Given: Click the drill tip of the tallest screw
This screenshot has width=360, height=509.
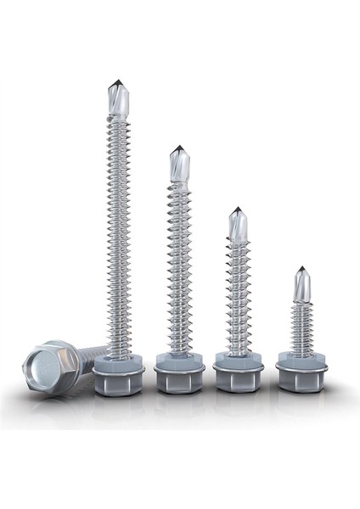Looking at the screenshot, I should coord(117,98).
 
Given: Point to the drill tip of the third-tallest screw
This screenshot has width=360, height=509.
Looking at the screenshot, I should coord(238,224).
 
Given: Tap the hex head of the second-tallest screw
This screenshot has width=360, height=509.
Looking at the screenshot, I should coord(179,380).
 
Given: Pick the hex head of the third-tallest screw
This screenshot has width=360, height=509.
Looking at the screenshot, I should coord(239,380).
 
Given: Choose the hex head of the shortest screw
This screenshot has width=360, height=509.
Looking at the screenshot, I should coord(301,379).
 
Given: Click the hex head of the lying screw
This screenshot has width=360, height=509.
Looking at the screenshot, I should coord(52,368).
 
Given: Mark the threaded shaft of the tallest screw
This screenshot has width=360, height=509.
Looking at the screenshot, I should coord(118,238).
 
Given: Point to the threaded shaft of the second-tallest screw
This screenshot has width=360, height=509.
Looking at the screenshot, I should coord(179,271).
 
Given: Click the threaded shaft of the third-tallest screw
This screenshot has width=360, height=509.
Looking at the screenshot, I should coord(239,297).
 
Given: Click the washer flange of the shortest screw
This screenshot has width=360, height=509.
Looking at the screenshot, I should coord(301,361).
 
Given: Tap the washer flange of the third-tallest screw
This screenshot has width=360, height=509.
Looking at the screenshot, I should coord(239,361).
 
